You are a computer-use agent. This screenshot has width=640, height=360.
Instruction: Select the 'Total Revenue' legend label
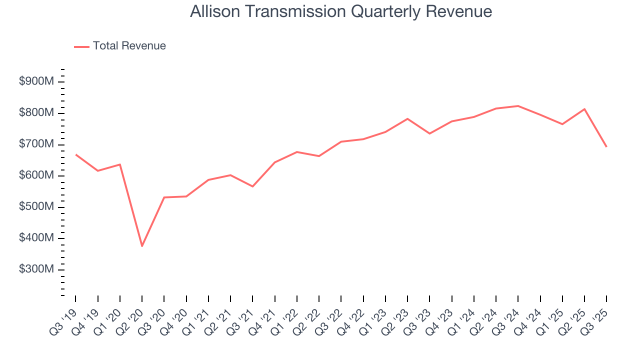click(129, 46)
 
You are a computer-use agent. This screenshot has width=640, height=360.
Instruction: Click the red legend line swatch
click(81, 46)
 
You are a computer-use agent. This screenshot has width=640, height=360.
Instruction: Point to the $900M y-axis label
click(35, 81)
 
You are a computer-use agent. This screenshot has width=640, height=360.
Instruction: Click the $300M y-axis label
click(35, 269)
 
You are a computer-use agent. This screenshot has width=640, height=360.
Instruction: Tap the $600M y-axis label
click(35, 175)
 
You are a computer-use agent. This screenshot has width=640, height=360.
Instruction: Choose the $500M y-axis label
click(35, 207)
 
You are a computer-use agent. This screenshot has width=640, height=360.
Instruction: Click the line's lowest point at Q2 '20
click(142, 246)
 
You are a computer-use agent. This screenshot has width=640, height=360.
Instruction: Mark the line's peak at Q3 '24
click(518, 106)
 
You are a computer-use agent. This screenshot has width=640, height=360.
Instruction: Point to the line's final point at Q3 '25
click(606, 146)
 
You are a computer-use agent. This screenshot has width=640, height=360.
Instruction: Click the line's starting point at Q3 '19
click(76, 154)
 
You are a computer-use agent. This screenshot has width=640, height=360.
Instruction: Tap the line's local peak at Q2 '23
click(407, 118)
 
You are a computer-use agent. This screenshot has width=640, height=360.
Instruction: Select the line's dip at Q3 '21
click(252, 186)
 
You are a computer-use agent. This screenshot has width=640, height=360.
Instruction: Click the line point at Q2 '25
click(584, 109)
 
